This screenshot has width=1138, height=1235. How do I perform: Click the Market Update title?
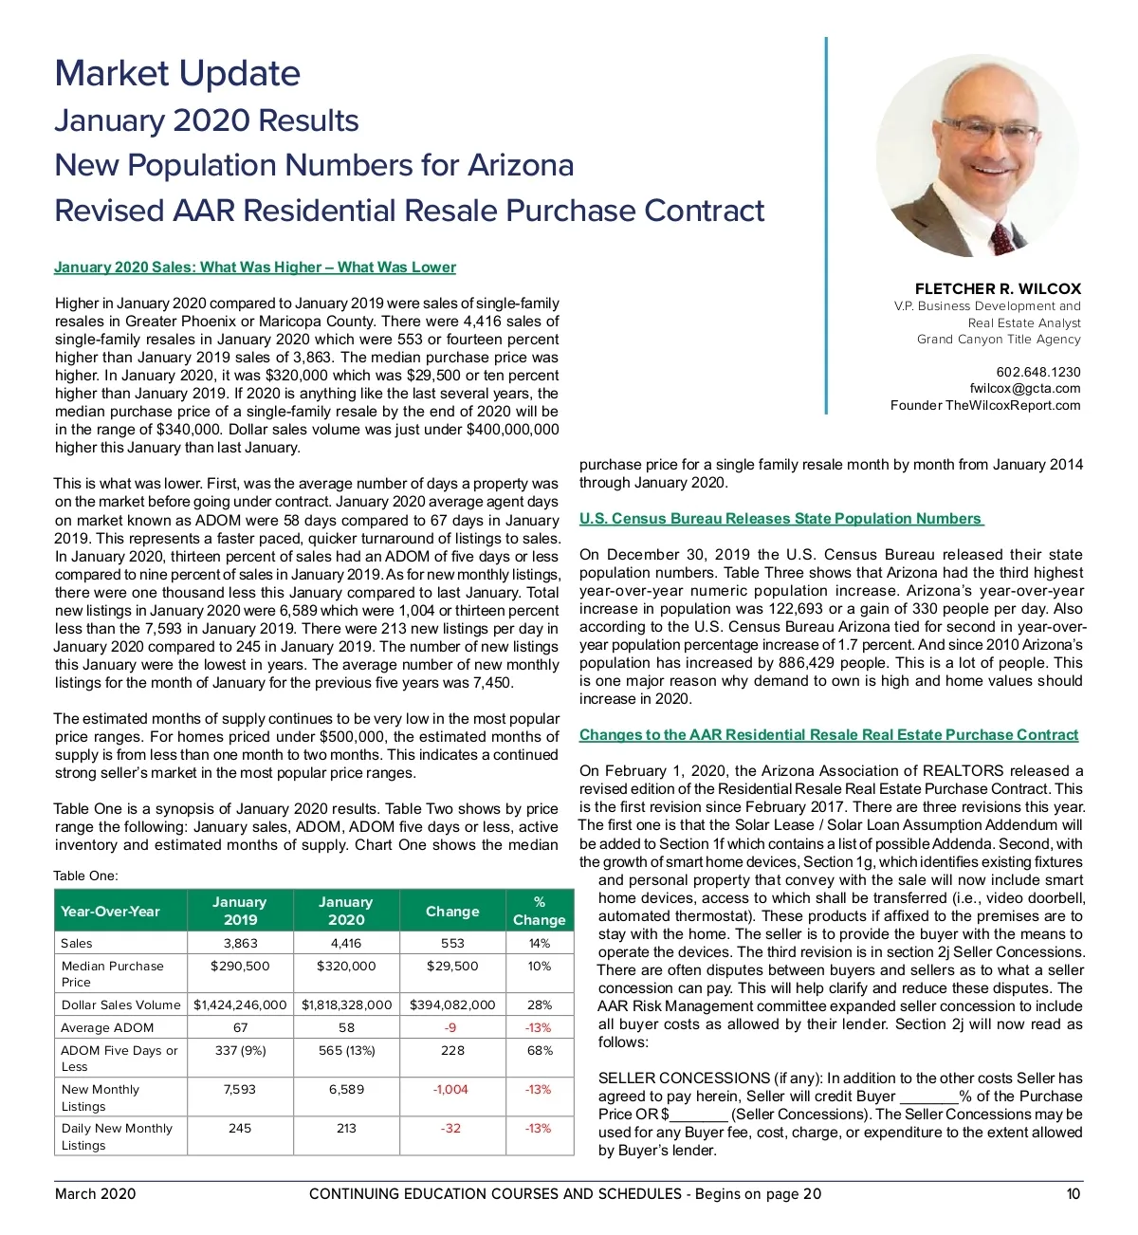click(177, 73)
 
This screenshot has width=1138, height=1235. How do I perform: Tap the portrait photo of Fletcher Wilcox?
click(976, 155)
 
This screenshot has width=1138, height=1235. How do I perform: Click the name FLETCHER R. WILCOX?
click(998, 288)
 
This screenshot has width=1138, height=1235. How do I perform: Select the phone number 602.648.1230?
click(1037, 372)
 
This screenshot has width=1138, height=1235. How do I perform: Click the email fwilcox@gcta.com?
click(1024, 388)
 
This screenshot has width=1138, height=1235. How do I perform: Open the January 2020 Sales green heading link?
click(255, 267)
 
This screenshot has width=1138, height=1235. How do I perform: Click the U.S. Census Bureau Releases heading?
click(780, 519)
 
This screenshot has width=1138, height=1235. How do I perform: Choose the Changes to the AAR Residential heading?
click(828, 735)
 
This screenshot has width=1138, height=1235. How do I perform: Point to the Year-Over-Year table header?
click(111, 912)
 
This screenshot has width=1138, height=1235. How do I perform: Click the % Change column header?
click(539, 911)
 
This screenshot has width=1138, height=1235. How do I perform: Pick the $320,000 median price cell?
click(346, 967)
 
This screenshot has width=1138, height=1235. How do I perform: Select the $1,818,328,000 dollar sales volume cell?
click(346, 1005)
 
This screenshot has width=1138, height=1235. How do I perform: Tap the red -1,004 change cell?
click(450, 1090)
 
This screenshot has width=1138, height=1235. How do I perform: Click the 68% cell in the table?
click(539, 1051)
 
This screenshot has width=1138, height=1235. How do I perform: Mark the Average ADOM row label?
click(107, 1028)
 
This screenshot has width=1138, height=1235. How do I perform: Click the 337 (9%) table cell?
click(240, 1051)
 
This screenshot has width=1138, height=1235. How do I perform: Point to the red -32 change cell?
click(450, 1129)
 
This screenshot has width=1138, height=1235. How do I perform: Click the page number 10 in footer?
click(1073, 1194)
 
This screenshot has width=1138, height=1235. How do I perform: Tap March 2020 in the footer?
click(95, 1194)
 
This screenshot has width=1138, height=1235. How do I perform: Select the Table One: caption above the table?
click(85, 876)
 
